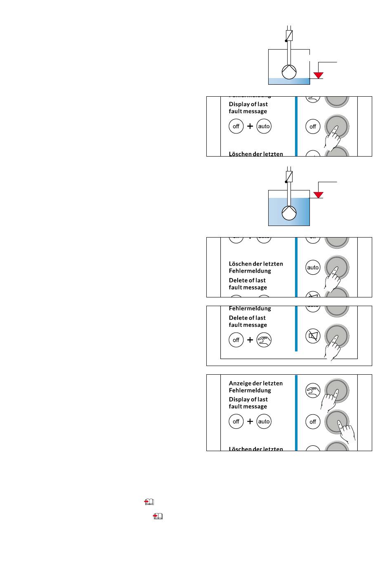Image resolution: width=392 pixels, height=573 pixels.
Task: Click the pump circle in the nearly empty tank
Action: tap(289, 72)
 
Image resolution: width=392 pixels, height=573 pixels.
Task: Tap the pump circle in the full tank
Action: tap(289, 213)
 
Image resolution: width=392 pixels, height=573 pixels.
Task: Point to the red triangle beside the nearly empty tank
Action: tap(318, 75)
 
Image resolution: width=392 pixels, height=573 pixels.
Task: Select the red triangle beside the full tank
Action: tap(318, 194)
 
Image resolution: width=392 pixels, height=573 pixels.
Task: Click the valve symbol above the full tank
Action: tap(289, 176)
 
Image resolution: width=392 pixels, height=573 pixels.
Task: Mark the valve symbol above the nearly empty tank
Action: tap(289, 36)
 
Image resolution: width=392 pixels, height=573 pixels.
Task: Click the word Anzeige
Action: tap(240, 383)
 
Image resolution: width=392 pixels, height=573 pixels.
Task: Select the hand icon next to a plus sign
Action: tap(264, 340)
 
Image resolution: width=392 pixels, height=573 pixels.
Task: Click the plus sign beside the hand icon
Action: tap(250, 340)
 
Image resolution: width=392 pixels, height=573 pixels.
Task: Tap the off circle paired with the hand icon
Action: tap(236, 340)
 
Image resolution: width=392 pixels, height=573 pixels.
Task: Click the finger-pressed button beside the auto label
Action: tap(337, 267)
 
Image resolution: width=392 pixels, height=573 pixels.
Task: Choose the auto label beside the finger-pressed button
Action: tap(313, 267)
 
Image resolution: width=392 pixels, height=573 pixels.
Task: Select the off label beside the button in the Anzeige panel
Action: tap(313, 422)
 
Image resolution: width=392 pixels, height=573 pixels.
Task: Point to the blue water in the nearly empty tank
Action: tap(289, 81)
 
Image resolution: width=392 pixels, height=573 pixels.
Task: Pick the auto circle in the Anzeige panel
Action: tap(264, 422)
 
